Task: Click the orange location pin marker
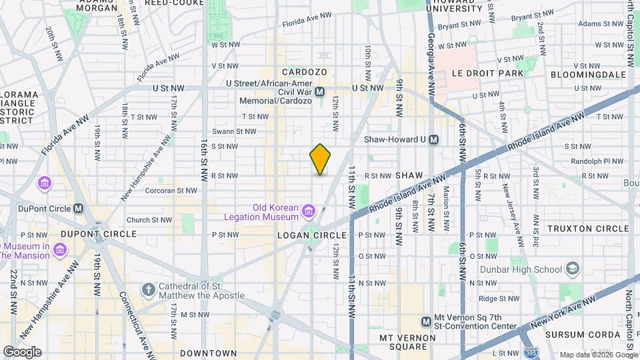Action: click(321, 159)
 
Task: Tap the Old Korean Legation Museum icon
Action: click(308, 212)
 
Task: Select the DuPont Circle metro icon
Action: click(79, 208)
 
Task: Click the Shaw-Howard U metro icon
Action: click(434, 139)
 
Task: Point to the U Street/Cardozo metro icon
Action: click(320, 92)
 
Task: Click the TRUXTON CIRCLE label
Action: click(588, 229)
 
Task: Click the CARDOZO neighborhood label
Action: click(304, 72)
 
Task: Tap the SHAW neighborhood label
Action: click(409, 175)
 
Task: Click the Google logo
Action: click(22, 352)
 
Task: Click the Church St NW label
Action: click(147, 219)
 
